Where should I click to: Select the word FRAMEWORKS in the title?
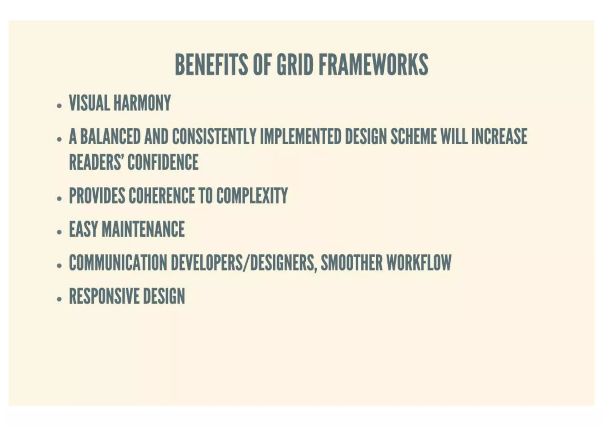373,64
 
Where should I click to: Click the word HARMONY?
142,103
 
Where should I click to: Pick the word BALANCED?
110,137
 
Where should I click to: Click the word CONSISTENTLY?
214,137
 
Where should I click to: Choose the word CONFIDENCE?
163,162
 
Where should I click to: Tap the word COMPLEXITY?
252,195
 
